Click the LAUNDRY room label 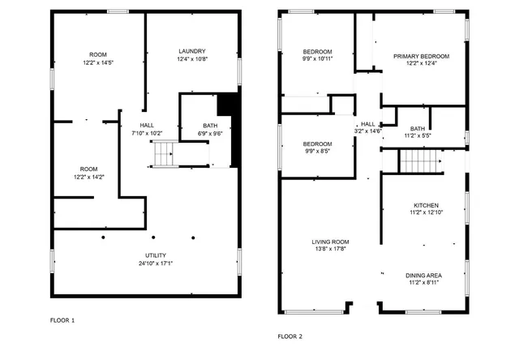pyautogui.click(x=192, y=51)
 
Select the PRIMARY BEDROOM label pyautogui.click(x=421, y=56)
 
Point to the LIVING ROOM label pyautogui.click(x=330, y=242)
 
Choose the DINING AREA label pyautogui.click(x=424, y=276)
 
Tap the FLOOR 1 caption pyautogui.click(x=62, y=320)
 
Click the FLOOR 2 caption pyautogui.click(x=290, y=336)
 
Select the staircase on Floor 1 pyautogui.click(x=165, y=152)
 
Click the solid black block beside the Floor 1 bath pyautogui.click(x=228, y=106)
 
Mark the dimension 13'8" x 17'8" pyautogui.click(x=330, y=249)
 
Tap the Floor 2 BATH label pyautogui.click(x=417, y=129)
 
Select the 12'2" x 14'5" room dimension pyautogui.click(x=99, y=62)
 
